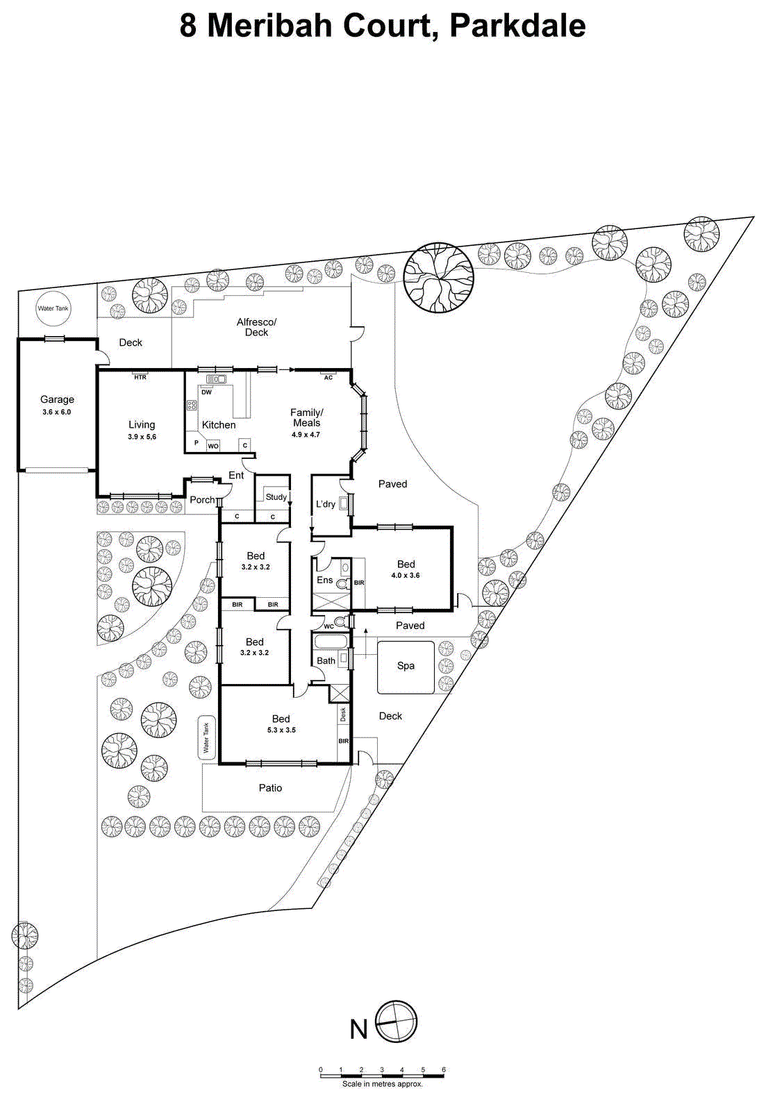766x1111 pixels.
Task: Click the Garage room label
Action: (x=57, y=399)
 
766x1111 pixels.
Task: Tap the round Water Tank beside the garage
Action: (x=53, y=308)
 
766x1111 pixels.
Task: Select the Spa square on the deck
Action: (x=406, y=667)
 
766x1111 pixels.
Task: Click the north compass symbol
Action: (x=397, y=1021)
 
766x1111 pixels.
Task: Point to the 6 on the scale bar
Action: (x=443, y=1069)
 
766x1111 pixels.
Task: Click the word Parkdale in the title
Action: (x=517, y=26)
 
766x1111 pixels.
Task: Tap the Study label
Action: (x=276, y=497)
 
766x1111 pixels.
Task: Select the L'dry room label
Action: (x=325, y=504)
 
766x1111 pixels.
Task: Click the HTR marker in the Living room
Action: (x=140, y=377)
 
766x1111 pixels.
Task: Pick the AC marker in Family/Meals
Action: (x=328, y=378)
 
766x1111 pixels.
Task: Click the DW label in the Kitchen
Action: (x=206, y=392)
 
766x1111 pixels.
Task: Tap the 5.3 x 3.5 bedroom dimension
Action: (x=281, y=730)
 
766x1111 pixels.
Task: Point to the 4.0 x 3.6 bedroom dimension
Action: (x=406, y=576)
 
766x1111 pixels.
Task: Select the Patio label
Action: (x=270, y=788)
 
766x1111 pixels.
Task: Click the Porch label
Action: (x=202, y=500)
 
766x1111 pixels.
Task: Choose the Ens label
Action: (x=324, y=580)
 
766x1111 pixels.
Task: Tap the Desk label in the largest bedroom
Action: (x=343, y=714)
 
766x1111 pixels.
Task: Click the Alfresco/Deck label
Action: (x=256, y=327)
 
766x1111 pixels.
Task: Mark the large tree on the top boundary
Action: (x=438, y=277)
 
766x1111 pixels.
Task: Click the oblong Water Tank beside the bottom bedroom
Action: (x=206, y=737)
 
